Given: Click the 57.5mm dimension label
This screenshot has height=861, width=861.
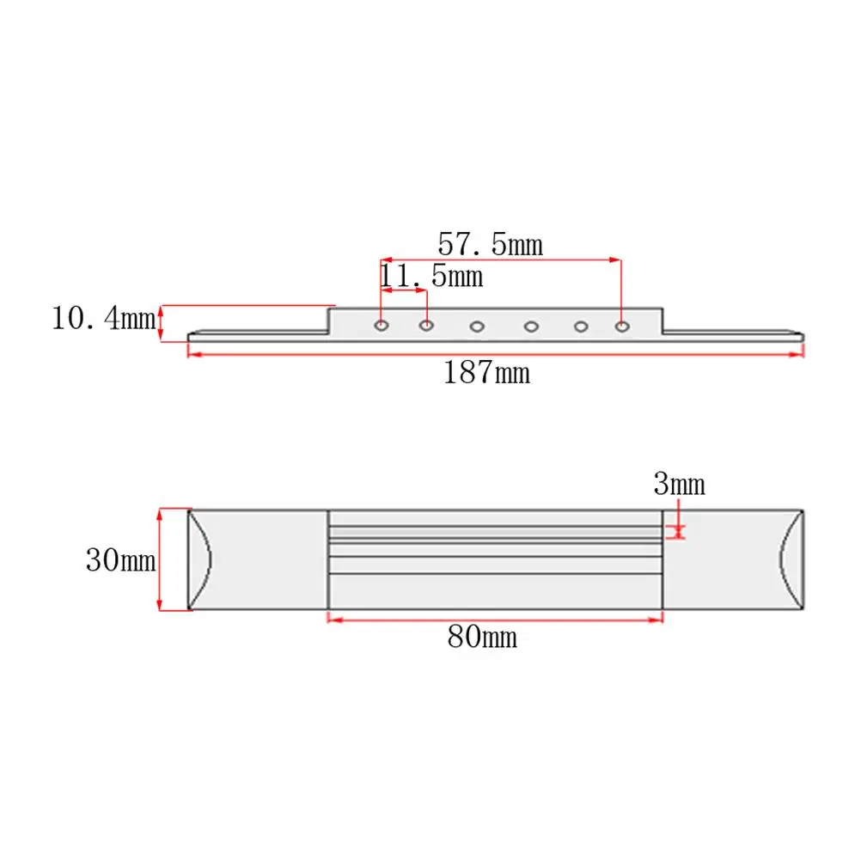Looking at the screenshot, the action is click(491, 244).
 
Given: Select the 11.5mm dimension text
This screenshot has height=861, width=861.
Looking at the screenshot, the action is click(431, 276).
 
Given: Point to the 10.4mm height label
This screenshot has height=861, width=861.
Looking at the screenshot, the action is click(103, 319).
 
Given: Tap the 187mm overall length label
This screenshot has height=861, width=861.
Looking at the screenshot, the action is click(486, 373).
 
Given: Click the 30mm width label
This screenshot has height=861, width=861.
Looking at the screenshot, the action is click(121, 560).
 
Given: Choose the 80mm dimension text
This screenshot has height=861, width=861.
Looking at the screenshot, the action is click(482, 637).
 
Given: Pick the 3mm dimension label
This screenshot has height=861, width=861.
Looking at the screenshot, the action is click(679, 485).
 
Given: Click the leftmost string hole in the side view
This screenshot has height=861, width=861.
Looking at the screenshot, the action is click(382, 326).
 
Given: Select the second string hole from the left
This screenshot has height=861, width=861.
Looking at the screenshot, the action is click(427, 326).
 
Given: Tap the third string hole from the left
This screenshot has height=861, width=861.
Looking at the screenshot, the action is click(477, 327).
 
